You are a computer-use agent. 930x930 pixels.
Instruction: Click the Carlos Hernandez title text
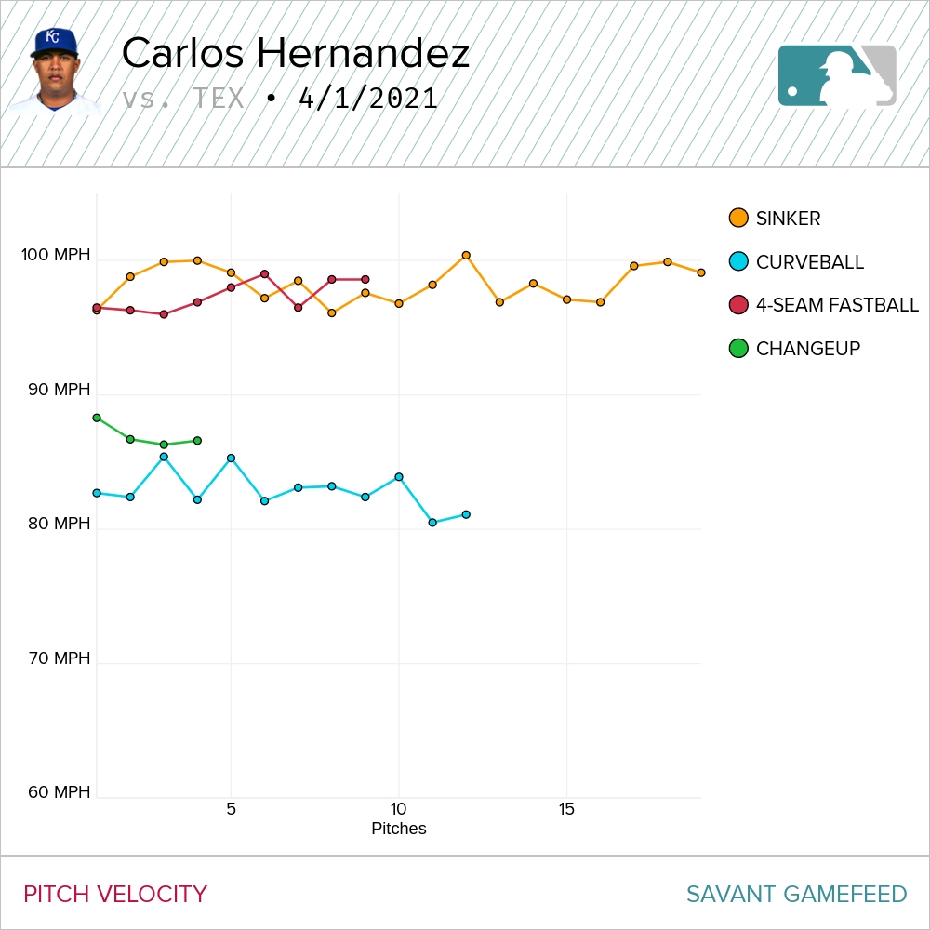point(295,54)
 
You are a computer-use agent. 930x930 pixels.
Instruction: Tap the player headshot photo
point(54,72)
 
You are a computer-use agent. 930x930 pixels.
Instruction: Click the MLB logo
point(837,75)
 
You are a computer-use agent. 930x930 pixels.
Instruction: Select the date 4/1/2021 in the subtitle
point(368,99)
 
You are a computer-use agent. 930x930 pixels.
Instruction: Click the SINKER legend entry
point(788,219)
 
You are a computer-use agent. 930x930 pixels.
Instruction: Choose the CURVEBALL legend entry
point(809,262)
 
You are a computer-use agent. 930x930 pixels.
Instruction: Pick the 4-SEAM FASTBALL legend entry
point(836,305)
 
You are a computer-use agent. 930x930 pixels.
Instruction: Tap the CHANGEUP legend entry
point(807,349)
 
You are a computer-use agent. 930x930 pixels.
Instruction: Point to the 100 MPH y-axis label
point(57,255)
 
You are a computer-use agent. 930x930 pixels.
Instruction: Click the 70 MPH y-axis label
point(59,658)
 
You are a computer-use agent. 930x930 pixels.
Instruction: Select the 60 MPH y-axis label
point(59,792)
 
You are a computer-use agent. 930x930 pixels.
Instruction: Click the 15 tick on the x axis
point(566,809)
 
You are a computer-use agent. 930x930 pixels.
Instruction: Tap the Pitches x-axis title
point(398,829)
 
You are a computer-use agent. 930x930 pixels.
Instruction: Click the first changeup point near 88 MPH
point(97,418)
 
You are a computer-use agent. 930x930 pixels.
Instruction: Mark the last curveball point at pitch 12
point(466,514)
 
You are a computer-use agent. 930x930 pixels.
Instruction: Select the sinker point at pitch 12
point(466,255)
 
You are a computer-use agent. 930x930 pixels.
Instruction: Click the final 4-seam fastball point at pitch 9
point(365,279)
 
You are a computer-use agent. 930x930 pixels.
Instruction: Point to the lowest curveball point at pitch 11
point(432,523)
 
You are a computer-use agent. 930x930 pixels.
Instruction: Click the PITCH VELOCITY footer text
point(115,895)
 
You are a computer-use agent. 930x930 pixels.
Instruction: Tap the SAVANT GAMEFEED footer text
point(796,895)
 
